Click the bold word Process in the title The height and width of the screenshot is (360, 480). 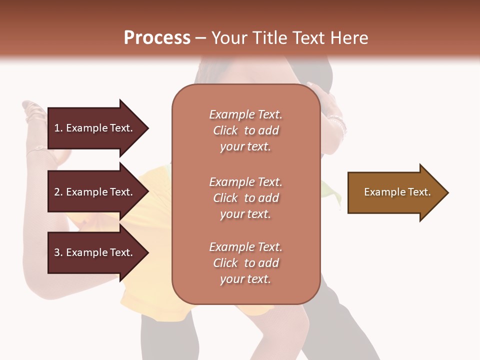click(157, 38)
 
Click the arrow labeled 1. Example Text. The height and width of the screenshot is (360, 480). click(95, 128)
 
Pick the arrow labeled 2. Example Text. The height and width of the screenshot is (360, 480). click(95, 192)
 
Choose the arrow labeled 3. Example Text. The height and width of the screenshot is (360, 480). click(95, 252)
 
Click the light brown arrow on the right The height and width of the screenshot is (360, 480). click(395, 192)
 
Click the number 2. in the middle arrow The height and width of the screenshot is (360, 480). click(58, 192)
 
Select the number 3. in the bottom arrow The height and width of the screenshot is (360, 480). click(58, 252)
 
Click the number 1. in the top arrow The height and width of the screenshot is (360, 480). click(58, 128)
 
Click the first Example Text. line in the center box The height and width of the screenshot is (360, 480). click(245, 114)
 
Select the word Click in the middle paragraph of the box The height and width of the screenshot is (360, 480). click(225, 198)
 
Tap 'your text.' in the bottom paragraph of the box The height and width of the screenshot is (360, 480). click(245, 279)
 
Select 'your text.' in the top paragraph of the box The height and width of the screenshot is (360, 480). click(245, 146)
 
